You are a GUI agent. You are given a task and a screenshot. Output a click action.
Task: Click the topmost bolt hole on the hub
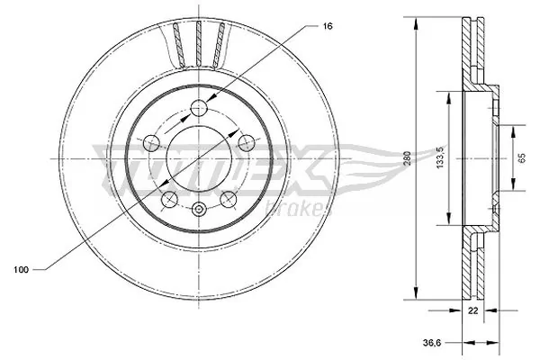199,109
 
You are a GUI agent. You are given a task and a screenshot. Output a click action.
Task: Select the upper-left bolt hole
152,142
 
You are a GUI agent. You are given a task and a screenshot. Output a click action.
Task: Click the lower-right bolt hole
229,197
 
